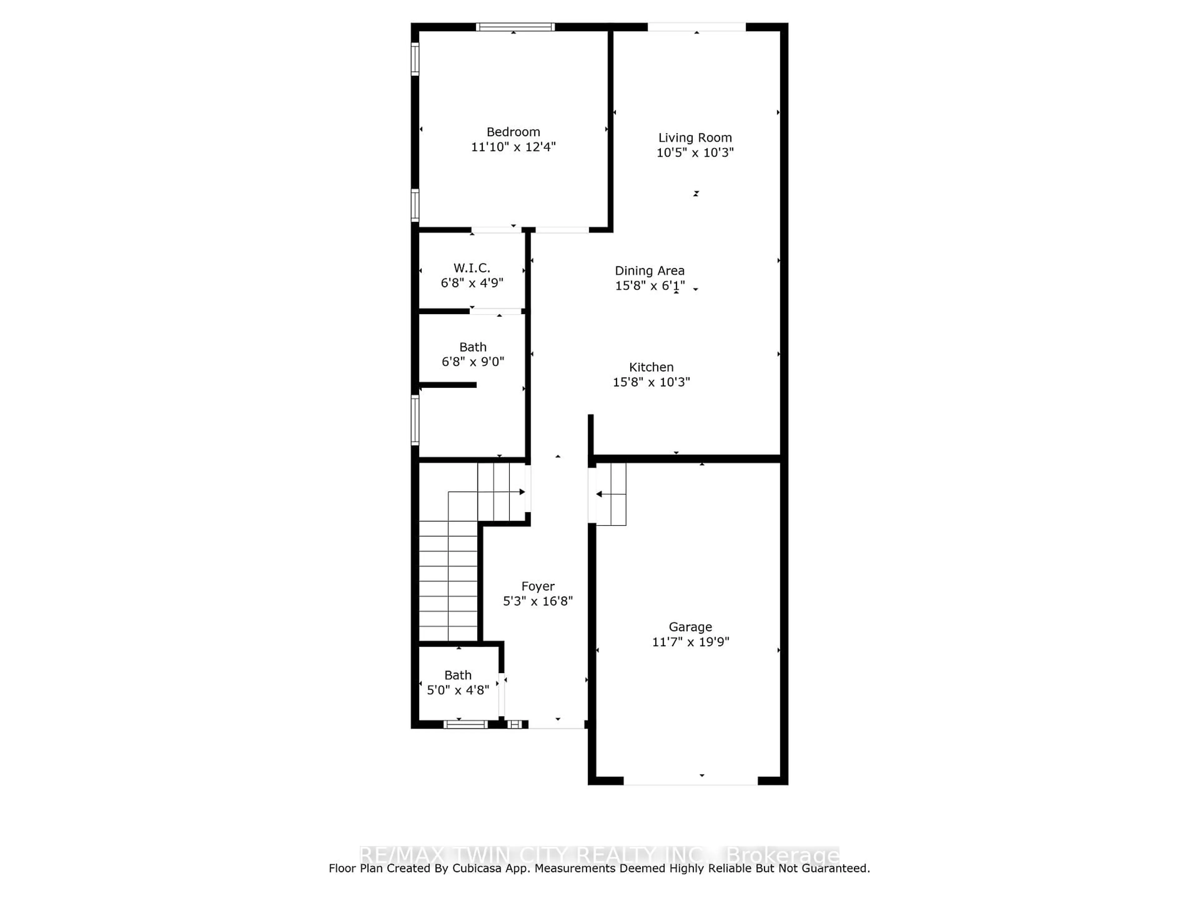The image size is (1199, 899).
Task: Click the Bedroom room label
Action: click(513, 132)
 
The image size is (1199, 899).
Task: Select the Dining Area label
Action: click(649, 270)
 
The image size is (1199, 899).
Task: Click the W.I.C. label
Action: click(471, 268)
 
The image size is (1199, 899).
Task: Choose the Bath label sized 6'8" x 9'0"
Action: click(473, 347)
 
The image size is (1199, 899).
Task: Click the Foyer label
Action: click(538, 586)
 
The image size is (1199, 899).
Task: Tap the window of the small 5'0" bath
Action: click(465, 724)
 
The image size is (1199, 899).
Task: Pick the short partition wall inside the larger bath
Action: click(448, 385)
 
